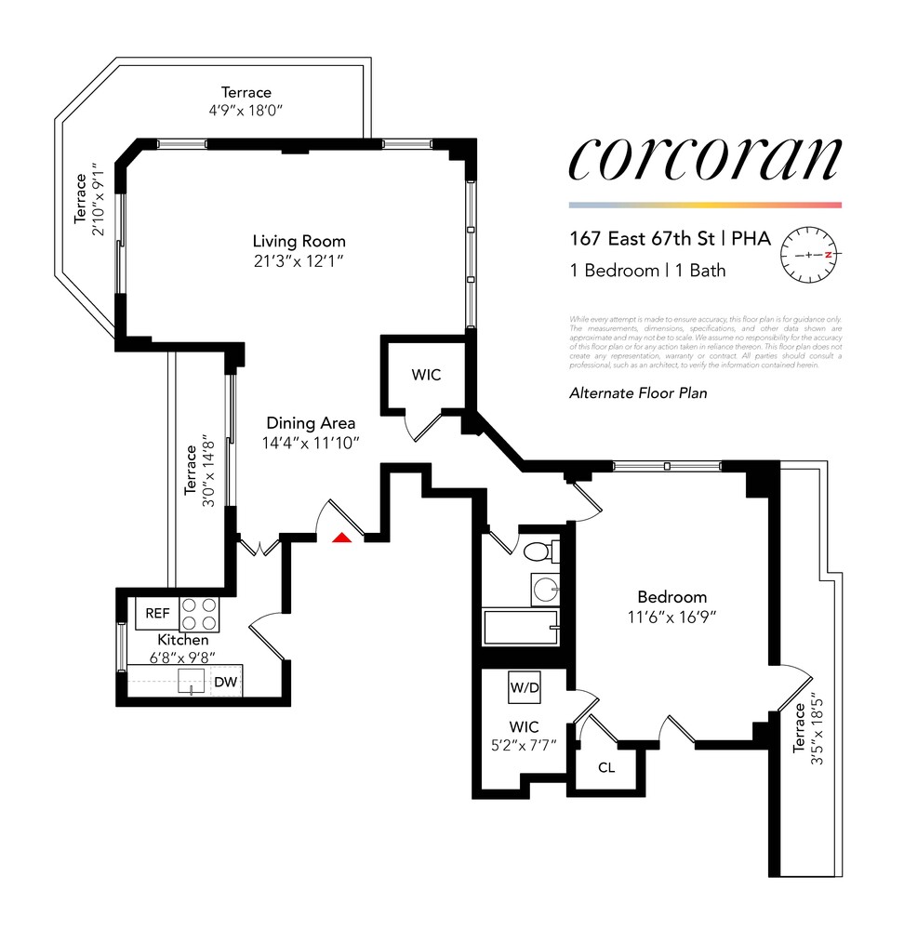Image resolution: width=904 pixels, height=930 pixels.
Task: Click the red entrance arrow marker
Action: [341, 537]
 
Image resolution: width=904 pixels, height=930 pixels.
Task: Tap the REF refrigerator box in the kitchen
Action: [158, 614]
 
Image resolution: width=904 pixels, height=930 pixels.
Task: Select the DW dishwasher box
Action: [225, 683]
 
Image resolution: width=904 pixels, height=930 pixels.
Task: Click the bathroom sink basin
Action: [545, 590]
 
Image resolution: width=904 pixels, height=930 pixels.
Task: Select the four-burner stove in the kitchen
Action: [199, 614]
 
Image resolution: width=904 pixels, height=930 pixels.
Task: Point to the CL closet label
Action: [606, 768]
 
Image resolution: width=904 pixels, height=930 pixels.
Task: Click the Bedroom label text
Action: [671, 597]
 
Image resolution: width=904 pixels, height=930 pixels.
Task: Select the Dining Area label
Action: [310, 423]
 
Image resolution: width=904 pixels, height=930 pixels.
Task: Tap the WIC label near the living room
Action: [426, 375]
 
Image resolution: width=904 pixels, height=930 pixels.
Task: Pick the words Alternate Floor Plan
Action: [638, 393]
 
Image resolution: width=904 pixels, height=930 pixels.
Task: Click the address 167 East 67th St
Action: [643, 239]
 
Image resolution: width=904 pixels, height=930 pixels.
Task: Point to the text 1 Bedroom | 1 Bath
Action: [647, 272]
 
